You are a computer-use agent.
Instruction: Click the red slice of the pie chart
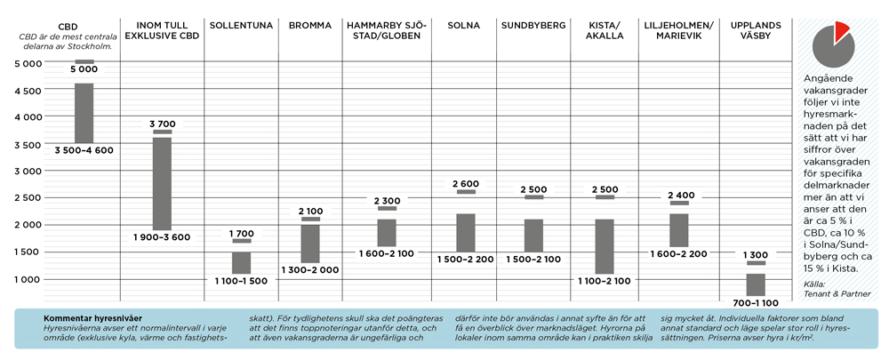[839, 34]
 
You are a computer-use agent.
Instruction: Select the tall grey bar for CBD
[84, 113]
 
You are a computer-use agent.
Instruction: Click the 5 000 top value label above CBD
[84, 69]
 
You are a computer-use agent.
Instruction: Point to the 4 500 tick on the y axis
[27, 91]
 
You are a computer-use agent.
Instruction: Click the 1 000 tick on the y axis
[27, 279]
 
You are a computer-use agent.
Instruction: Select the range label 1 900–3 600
[162, 237]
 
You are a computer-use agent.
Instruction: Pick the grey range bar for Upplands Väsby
[757, 284]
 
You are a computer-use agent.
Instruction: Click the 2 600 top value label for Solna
[466, 184]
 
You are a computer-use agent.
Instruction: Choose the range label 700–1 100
[757, 303]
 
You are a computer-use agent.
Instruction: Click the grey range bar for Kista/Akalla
[605, 246]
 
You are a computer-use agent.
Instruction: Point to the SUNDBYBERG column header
[533, 25]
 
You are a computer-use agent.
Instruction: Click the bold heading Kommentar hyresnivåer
[92, 317]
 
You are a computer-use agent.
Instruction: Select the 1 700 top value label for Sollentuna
[241, 233]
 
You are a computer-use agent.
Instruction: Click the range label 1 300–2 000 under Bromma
[310, 270]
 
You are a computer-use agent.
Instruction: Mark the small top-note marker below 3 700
[162, 132]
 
